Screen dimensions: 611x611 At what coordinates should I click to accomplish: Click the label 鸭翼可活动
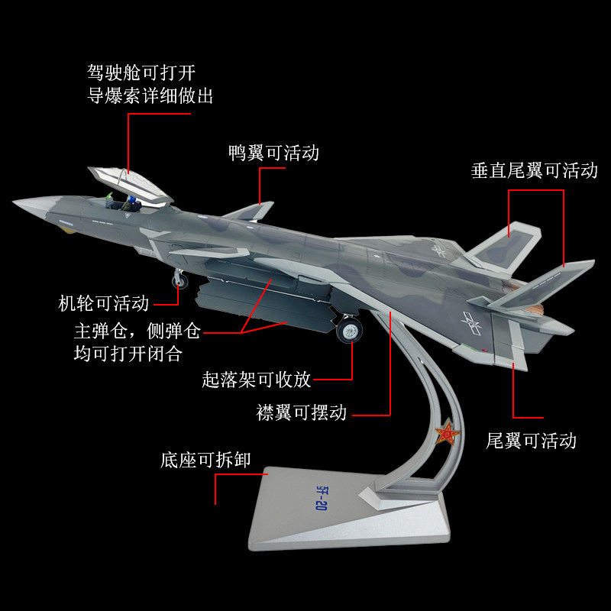click(273, 153)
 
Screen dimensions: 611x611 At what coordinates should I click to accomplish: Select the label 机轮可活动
click(104, 303)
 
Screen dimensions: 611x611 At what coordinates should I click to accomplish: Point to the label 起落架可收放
click(257, 379)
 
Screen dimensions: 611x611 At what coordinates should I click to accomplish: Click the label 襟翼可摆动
click(302, 413)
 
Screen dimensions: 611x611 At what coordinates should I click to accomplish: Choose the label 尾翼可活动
click(532, 441)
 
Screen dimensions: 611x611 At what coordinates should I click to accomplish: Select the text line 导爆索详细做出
click(150, 97)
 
